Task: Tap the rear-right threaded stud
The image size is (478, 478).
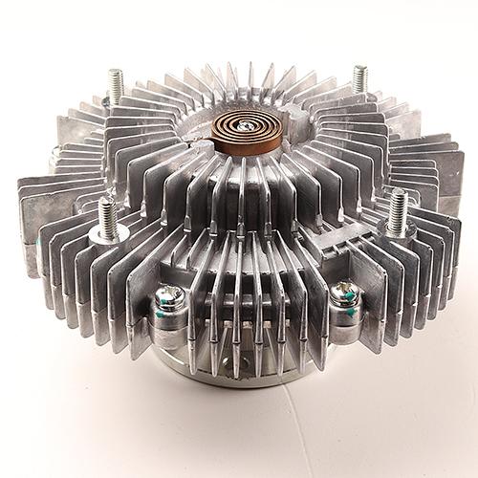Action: (360, 77)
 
